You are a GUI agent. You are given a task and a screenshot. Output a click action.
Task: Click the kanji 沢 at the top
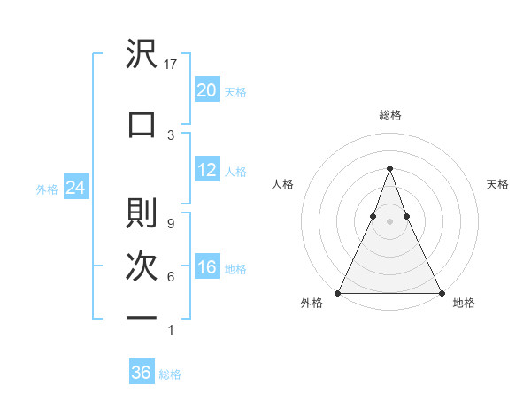point(142,56)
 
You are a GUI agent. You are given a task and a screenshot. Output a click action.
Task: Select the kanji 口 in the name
point(142,124)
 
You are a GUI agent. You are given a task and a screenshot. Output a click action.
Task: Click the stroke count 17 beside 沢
point(172,65)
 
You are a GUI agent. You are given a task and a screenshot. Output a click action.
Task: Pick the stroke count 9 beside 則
point(171,223)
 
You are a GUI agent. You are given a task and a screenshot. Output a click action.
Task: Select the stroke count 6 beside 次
point(171,277)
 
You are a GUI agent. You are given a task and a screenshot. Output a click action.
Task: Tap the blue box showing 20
point(206,90)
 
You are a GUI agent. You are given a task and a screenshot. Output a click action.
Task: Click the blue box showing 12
point(206,170)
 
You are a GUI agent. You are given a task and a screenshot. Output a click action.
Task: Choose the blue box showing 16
point(206,267)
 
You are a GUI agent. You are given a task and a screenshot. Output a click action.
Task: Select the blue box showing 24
point(75,188)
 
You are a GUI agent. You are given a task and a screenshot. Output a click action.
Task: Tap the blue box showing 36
point(141,373)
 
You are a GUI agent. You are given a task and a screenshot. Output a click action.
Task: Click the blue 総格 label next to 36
point(170,374)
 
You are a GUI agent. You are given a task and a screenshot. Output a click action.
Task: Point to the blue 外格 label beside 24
point(47,189)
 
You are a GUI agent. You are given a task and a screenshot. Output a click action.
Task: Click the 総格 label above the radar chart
point(389,116)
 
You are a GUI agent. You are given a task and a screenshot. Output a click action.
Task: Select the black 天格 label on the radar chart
point(497,184)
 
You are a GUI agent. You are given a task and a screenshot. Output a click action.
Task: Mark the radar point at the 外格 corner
point(338,293)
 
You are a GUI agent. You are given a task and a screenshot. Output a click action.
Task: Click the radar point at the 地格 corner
point(441,293)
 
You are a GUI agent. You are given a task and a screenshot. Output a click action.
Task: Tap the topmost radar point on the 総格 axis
point(389,168)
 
